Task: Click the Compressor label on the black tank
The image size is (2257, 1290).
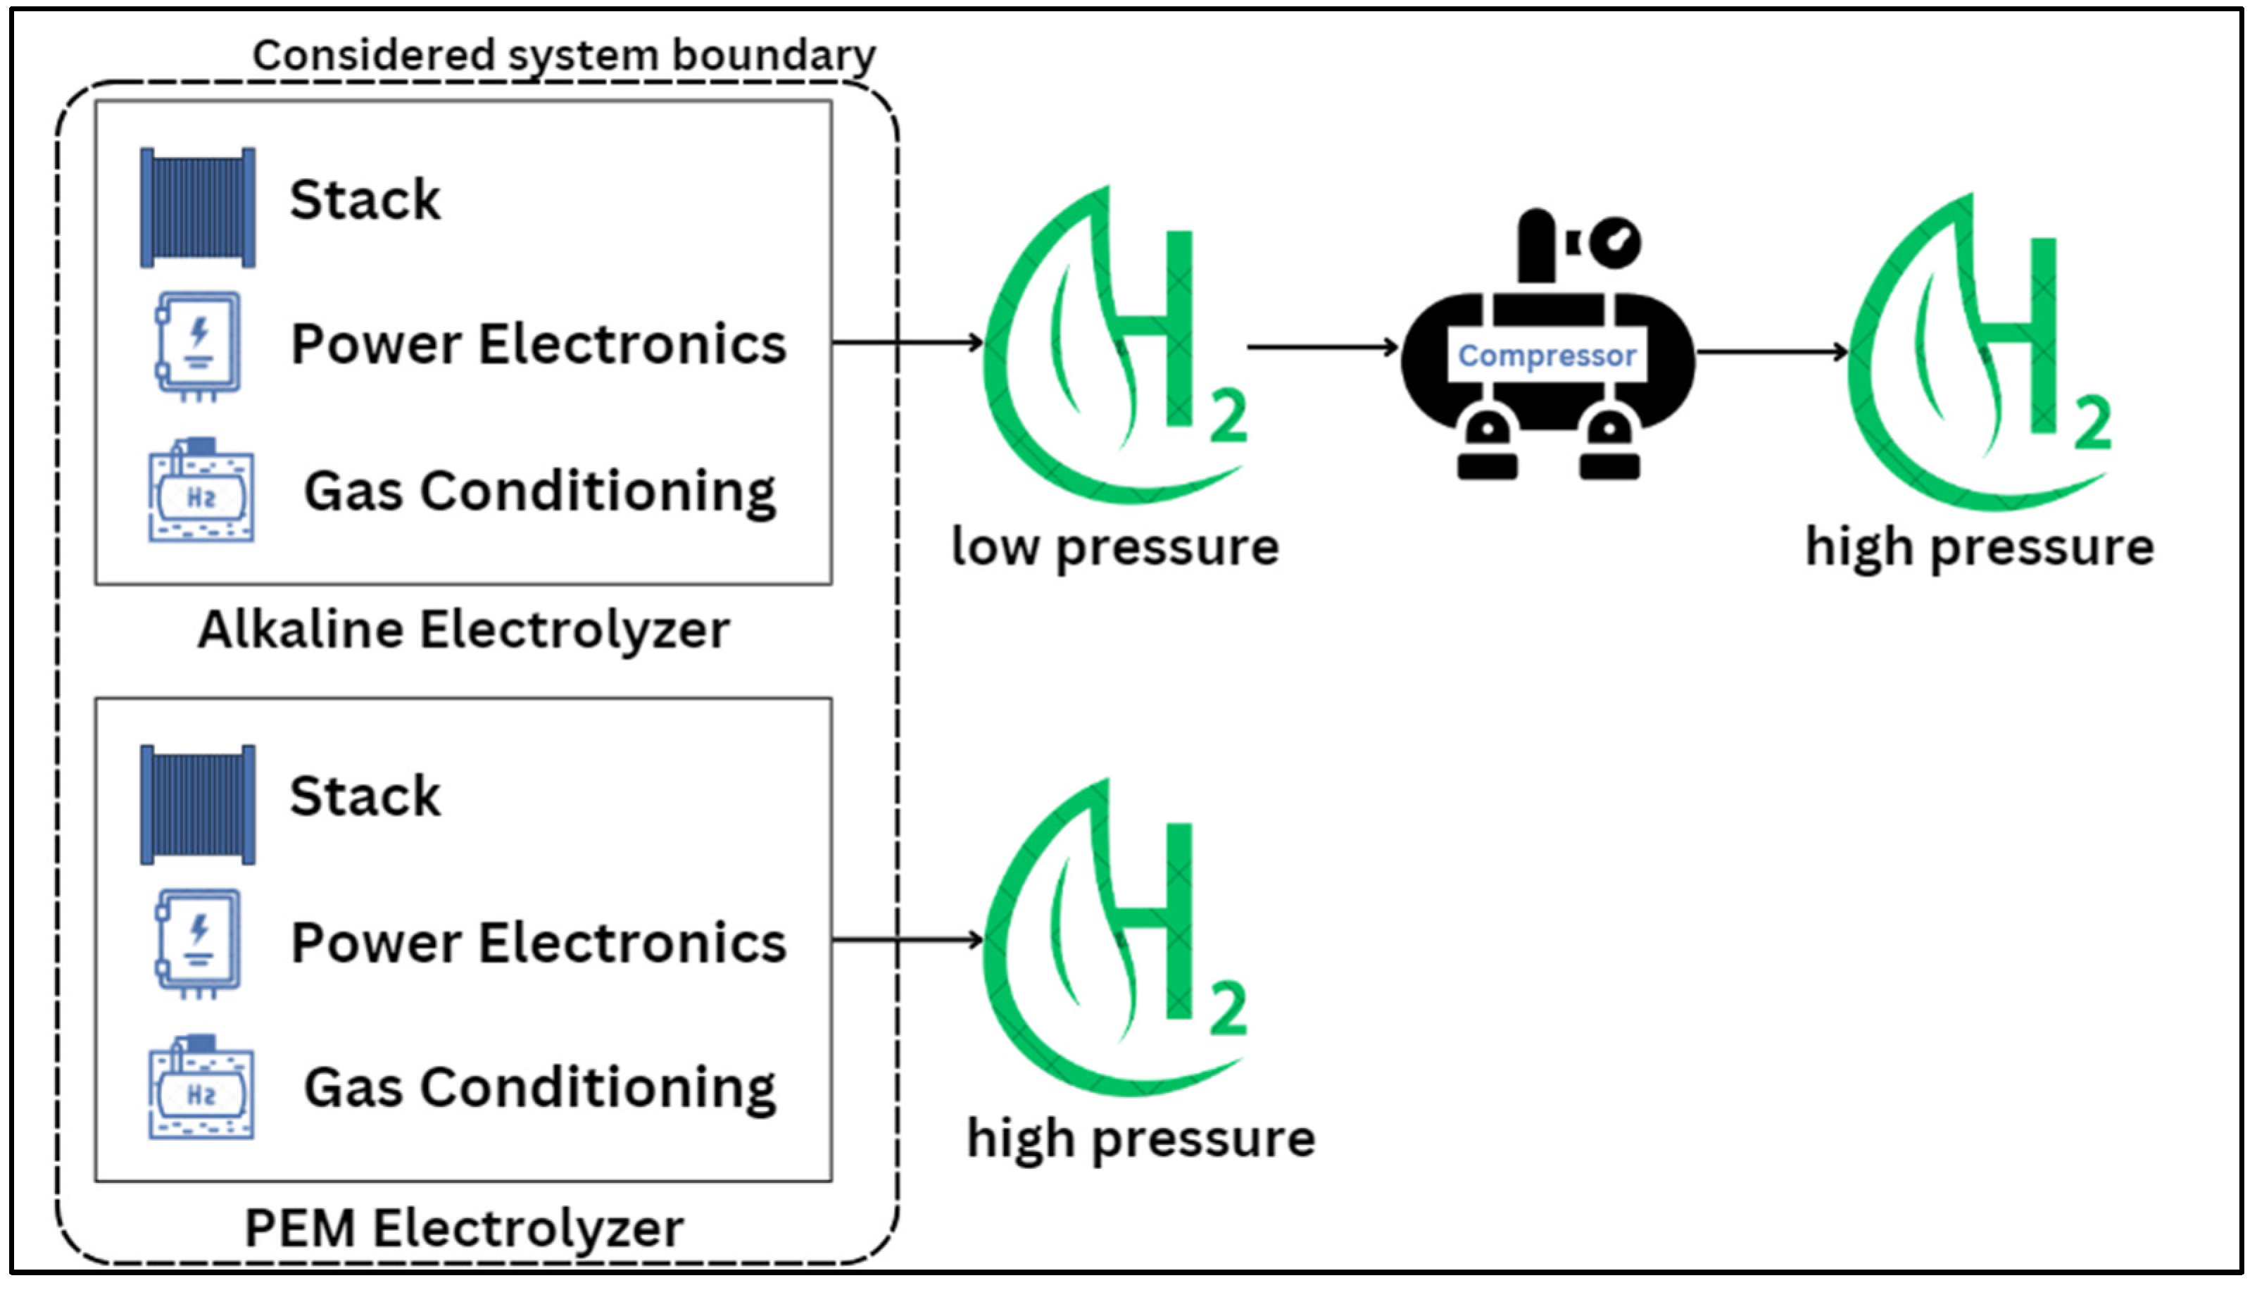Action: pyautogui.click(x=1547, y=356)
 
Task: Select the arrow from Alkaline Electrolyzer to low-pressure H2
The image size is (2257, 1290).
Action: pyautogui.click(x=908, y=342)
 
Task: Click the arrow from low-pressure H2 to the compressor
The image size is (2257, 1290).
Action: pyautogui.click(x=1323, y=347)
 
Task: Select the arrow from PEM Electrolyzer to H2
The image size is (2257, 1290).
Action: pyautogui.click(x=908, y=939)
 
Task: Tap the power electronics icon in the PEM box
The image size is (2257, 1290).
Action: pyautogui.click(x=199, y=943)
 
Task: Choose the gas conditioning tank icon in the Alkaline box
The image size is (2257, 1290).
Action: pyautogui.click(x=201, y=489)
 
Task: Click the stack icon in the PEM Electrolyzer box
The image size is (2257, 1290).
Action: pyautogui.click(x=198, y=804)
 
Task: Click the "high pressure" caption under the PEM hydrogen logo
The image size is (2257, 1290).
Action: pyautogui.click(x=1141, y=1139)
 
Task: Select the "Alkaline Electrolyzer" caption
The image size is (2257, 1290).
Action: pyautogui.click(x=463, y=630)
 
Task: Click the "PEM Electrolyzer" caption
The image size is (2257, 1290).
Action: pyautogui.click(x=463, y=1228)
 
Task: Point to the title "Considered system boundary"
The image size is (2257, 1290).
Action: pyautogui.click(x=565, y=55)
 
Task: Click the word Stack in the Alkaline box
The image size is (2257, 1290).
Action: pyautogui.click(x=365, y=199)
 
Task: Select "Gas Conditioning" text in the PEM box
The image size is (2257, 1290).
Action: pyautogui.click(x=539, y=1088)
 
